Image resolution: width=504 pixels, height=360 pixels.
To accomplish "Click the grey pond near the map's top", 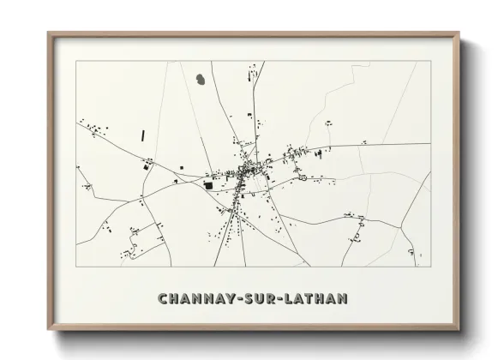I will point(200,80).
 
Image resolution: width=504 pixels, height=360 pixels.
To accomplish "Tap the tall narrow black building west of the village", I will point(143,135).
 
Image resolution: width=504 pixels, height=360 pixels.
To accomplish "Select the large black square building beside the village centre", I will point(207,183).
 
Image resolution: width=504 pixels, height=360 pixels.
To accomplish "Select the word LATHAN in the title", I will point(317,299).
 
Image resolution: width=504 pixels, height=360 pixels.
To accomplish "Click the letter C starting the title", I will point(163,299).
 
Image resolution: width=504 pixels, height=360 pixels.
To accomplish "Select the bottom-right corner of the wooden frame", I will point(459,329).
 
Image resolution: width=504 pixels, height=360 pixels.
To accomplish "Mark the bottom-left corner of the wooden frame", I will point(49,329).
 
